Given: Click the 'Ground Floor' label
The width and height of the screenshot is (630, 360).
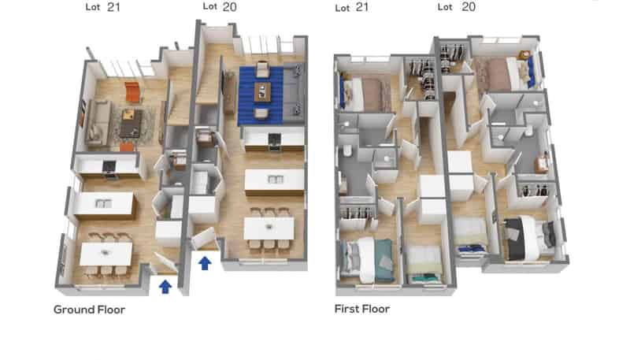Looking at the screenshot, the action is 89,310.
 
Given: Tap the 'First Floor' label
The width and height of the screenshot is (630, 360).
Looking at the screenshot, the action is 362,309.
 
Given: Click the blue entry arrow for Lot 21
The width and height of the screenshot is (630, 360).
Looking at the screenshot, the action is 165,287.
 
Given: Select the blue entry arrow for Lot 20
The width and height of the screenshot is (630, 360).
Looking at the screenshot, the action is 205,263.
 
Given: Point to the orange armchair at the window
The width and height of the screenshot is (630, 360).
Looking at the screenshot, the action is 132,91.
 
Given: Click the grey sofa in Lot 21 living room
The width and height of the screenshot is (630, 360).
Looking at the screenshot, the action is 97,123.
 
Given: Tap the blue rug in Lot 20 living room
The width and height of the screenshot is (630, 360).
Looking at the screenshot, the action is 261,95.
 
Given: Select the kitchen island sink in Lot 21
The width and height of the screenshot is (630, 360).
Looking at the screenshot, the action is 103,203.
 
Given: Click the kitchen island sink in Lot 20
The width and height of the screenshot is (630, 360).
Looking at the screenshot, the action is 275,179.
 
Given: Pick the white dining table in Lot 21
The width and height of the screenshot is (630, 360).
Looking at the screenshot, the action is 106,254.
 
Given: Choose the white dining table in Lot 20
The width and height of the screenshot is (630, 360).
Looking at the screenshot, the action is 269,228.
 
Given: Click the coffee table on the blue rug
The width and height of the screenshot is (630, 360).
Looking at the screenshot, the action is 262,92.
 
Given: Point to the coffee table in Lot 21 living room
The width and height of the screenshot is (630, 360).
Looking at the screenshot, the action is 131,124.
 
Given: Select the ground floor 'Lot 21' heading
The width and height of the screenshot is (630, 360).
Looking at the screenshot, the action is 103,7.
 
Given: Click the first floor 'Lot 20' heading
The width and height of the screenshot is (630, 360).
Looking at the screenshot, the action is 457,7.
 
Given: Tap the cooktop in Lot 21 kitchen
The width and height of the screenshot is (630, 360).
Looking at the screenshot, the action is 109,166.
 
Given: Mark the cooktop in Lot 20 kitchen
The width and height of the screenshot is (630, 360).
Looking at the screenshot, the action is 274,139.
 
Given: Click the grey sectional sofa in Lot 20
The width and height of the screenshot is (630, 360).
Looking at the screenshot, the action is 294,92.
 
